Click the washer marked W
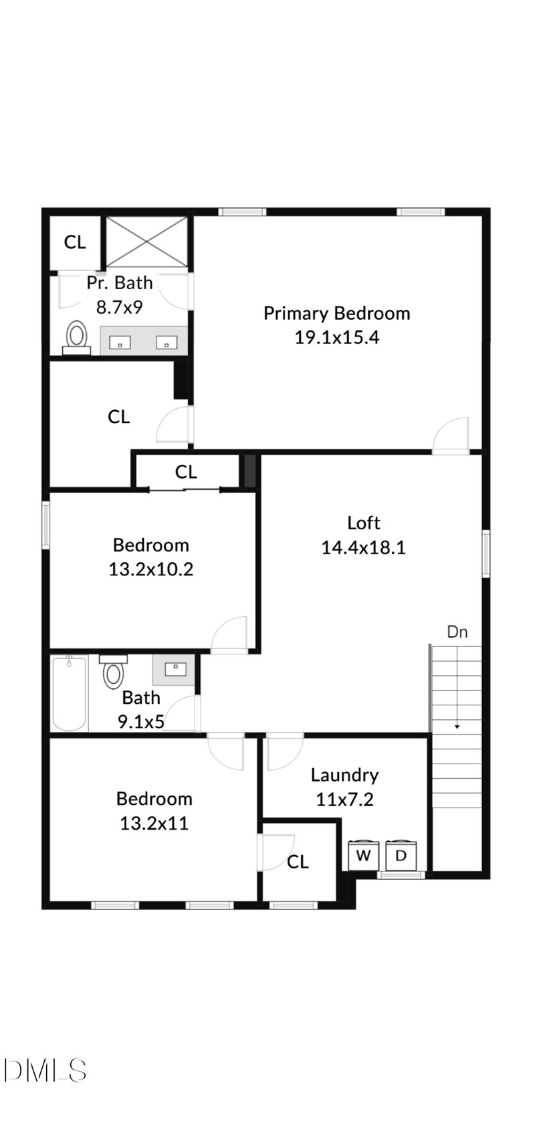(x=363, y=855)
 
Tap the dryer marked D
(x=401, y=855)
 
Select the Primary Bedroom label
(x=336, y=313)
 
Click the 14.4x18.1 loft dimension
(x=363, y=548)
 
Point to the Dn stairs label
(x=457, y=632)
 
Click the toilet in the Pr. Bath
(x=77, y=337)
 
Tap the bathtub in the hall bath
(x=70, y=693)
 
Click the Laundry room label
(x=344, y=775)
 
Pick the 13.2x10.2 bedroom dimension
(x=150, y=569)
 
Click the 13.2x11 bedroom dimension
(x=154, y=823)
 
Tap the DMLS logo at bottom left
(x=44, y=1070)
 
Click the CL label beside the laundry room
(x=298, y=862)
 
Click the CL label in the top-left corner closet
(x=75, y=242)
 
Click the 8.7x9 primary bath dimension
(x=119, y=307)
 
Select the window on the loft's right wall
(x=486, y=553)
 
